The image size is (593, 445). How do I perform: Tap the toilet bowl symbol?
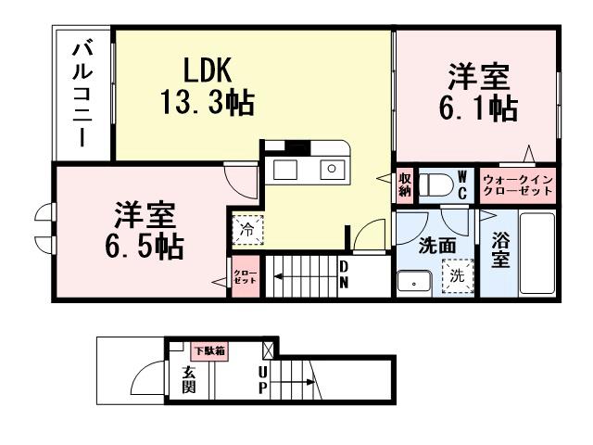pyautogui.click(x=433, y=184)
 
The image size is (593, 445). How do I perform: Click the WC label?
pyautogui.click(x=463, y=184)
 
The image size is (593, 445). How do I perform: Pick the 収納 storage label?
pyautogui.click(x=405, y=184)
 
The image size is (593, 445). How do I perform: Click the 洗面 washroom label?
pyautogui.click(x=434, y=247)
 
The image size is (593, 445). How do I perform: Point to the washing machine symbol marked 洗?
pyautogui.click(x=457, y=275)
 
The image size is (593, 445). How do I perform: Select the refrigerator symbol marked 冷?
pyautogui.click(x=247, y=229)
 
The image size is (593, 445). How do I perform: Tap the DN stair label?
pyautogui.click(x=344, y=274)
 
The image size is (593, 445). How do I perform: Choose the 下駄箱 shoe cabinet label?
pyautogui.click(x=209, y=351)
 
